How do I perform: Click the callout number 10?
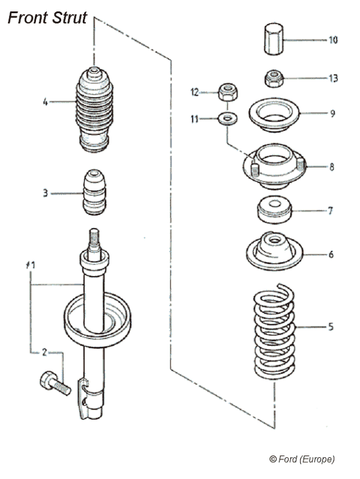coord(333,40)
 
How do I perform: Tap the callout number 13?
coord(333,79)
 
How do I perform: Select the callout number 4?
coord(45,101)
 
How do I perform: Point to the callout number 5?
coord(331,327)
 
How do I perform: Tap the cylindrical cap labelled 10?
coord(273,38)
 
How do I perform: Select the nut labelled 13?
coord(274,78)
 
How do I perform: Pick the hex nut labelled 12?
coord(227,92)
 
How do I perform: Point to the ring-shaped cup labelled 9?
coord(274,113)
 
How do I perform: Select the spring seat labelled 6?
coord(274,253)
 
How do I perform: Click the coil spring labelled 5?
coord(274,327)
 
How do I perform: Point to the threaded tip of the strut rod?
coord(94,238)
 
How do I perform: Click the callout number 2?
coord(44,353)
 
